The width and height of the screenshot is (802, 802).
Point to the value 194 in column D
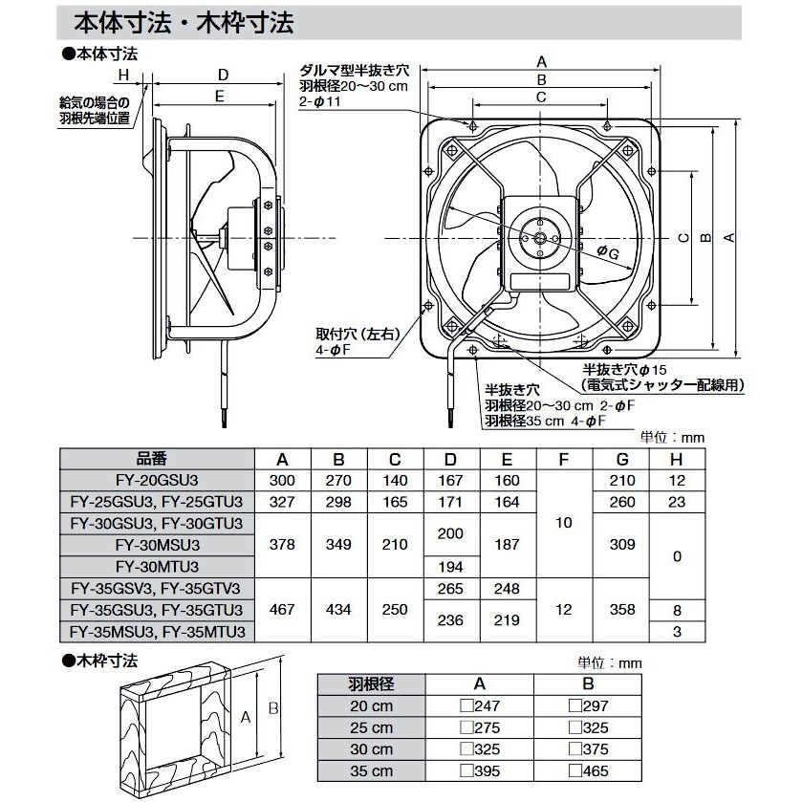click(451, 567)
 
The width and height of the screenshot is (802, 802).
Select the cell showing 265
click(451, 589)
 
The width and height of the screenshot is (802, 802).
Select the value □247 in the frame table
click(479, 706)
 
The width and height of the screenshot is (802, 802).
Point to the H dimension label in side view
click(124, 74)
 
